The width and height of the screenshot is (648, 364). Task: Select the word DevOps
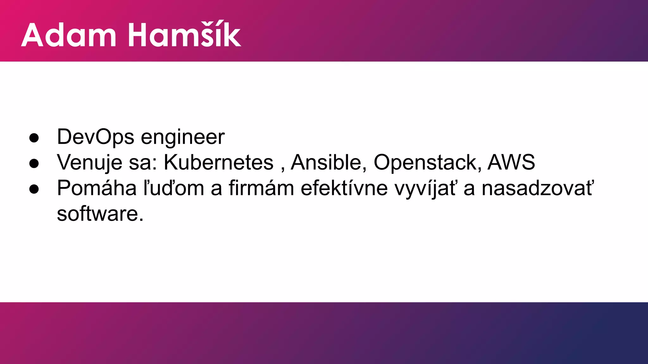click(x=96, y=137)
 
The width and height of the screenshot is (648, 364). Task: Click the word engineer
click(x=183, y=138)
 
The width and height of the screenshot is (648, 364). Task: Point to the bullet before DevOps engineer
click(x=34, y=138)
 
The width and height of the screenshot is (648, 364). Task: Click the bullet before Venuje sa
click(x=34, y=163)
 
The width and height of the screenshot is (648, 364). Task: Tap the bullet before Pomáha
click(x=34, y=189)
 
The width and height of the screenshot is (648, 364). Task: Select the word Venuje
click(x=90, y=163)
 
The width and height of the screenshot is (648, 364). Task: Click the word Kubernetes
click(x=218, y=162)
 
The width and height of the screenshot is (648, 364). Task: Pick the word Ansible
click(x=326, y=162)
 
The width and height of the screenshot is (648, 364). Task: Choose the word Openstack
click(x=425, y=163)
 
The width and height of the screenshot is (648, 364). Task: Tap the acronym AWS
click(x=511, y=162)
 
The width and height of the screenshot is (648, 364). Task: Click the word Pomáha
click(x=97, y=188)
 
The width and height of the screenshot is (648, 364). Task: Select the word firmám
click(x=261, y=188)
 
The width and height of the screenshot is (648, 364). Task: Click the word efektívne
click(x=344, y=188)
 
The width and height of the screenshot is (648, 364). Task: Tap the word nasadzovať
click(x=538, y=188)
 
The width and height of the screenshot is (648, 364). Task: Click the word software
click(x=97, y=214)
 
